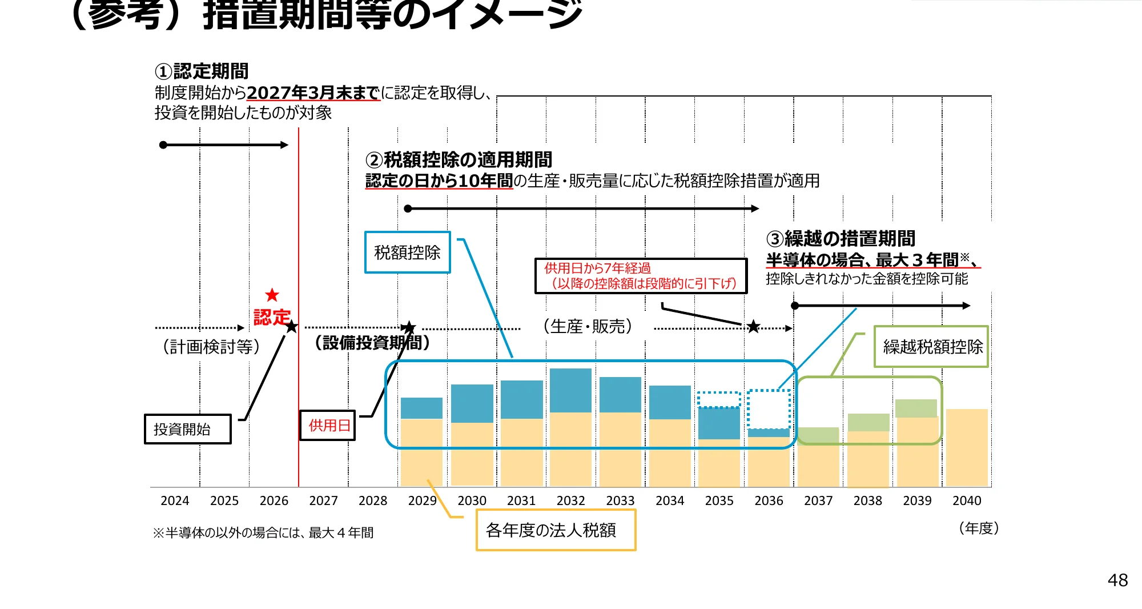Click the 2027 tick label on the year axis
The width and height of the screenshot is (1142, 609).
tap(323, 501)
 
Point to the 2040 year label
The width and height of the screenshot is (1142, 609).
tap(967, 501)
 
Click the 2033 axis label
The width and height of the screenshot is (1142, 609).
tap(620, 501)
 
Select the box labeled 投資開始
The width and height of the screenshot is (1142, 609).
tap(187, 429)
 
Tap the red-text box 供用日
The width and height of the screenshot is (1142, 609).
tap(328, 426)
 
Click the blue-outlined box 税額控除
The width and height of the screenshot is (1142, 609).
tap(407, 253)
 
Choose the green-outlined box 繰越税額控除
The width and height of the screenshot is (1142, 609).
tap(931, 347)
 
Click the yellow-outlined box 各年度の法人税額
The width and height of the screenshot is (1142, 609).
tap(556, 531)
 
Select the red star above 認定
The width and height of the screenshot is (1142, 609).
tap(272, 295)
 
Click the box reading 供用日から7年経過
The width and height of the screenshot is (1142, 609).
tap(641, 276)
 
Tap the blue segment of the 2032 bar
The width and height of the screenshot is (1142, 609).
tap(570, 390)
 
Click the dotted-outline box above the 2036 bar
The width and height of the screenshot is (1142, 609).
tap(769, 409)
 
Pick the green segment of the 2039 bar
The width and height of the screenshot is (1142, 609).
tap(916, 408)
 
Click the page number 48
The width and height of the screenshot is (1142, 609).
tap(1117, 580)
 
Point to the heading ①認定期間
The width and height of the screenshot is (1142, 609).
tap(202, 71)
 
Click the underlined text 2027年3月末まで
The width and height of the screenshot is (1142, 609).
tap(313, 93)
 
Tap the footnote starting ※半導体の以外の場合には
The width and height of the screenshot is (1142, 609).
tap(263, 533)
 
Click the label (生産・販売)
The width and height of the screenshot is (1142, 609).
tap(588, 326)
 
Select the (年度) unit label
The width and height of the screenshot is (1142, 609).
tap(979, 528)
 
